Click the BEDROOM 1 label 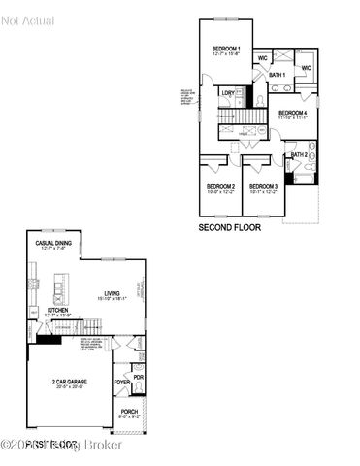[226, 49]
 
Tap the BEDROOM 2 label [219, 186]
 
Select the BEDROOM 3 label [263, 186]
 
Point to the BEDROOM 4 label [292, 113]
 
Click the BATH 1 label [277, 75]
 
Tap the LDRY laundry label [227, 93]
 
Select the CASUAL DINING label [52, 243]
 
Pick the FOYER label [121, 382]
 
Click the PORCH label [129, 411]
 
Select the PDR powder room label [138, 377]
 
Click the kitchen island [60, 288]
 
